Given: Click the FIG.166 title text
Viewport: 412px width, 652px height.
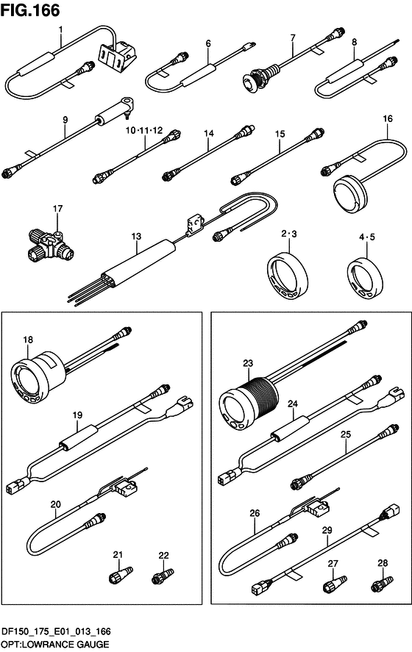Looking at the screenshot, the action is click(30, 10).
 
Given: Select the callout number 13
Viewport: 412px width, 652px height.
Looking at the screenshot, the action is click(136, 236).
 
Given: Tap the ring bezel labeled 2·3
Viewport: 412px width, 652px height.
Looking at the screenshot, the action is click(287, 274).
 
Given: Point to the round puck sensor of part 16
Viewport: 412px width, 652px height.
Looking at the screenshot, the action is click(351, 195).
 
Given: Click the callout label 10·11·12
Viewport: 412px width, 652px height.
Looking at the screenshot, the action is click(144, 131).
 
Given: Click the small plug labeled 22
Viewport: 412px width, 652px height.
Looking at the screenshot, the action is click(161, 576).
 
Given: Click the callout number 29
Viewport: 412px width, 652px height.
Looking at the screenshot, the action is click(327, 530).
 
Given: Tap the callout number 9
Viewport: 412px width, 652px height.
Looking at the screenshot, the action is click(65, 120).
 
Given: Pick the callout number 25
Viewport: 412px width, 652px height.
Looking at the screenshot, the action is click(345, 434).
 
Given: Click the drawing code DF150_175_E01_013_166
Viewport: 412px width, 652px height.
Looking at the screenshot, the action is click(56, 631).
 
